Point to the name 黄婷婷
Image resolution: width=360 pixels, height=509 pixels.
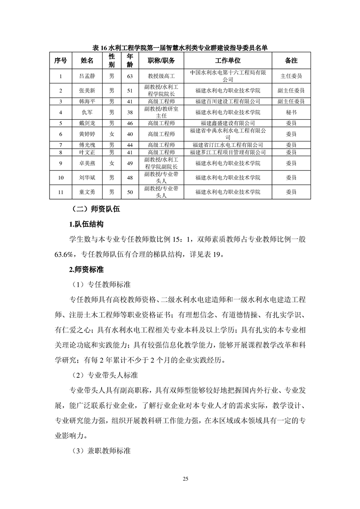click(x=87, y=134)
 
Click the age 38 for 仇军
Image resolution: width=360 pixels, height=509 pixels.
click(x=130, y=112)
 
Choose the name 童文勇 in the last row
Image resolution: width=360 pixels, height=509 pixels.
click(x=87, y=192)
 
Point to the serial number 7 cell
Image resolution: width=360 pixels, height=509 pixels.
click(x=60, y=145)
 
